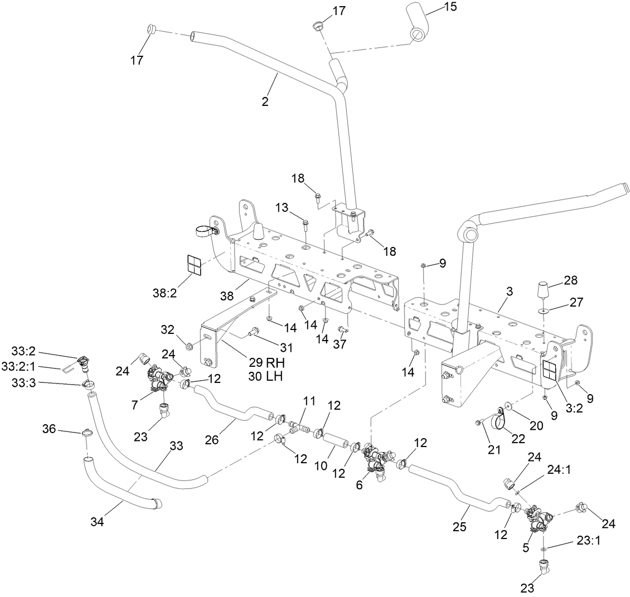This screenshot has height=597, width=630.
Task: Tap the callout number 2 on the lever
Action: click(265, 101)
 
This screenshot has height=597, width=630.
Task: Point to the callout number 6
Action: click(359, 485)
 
